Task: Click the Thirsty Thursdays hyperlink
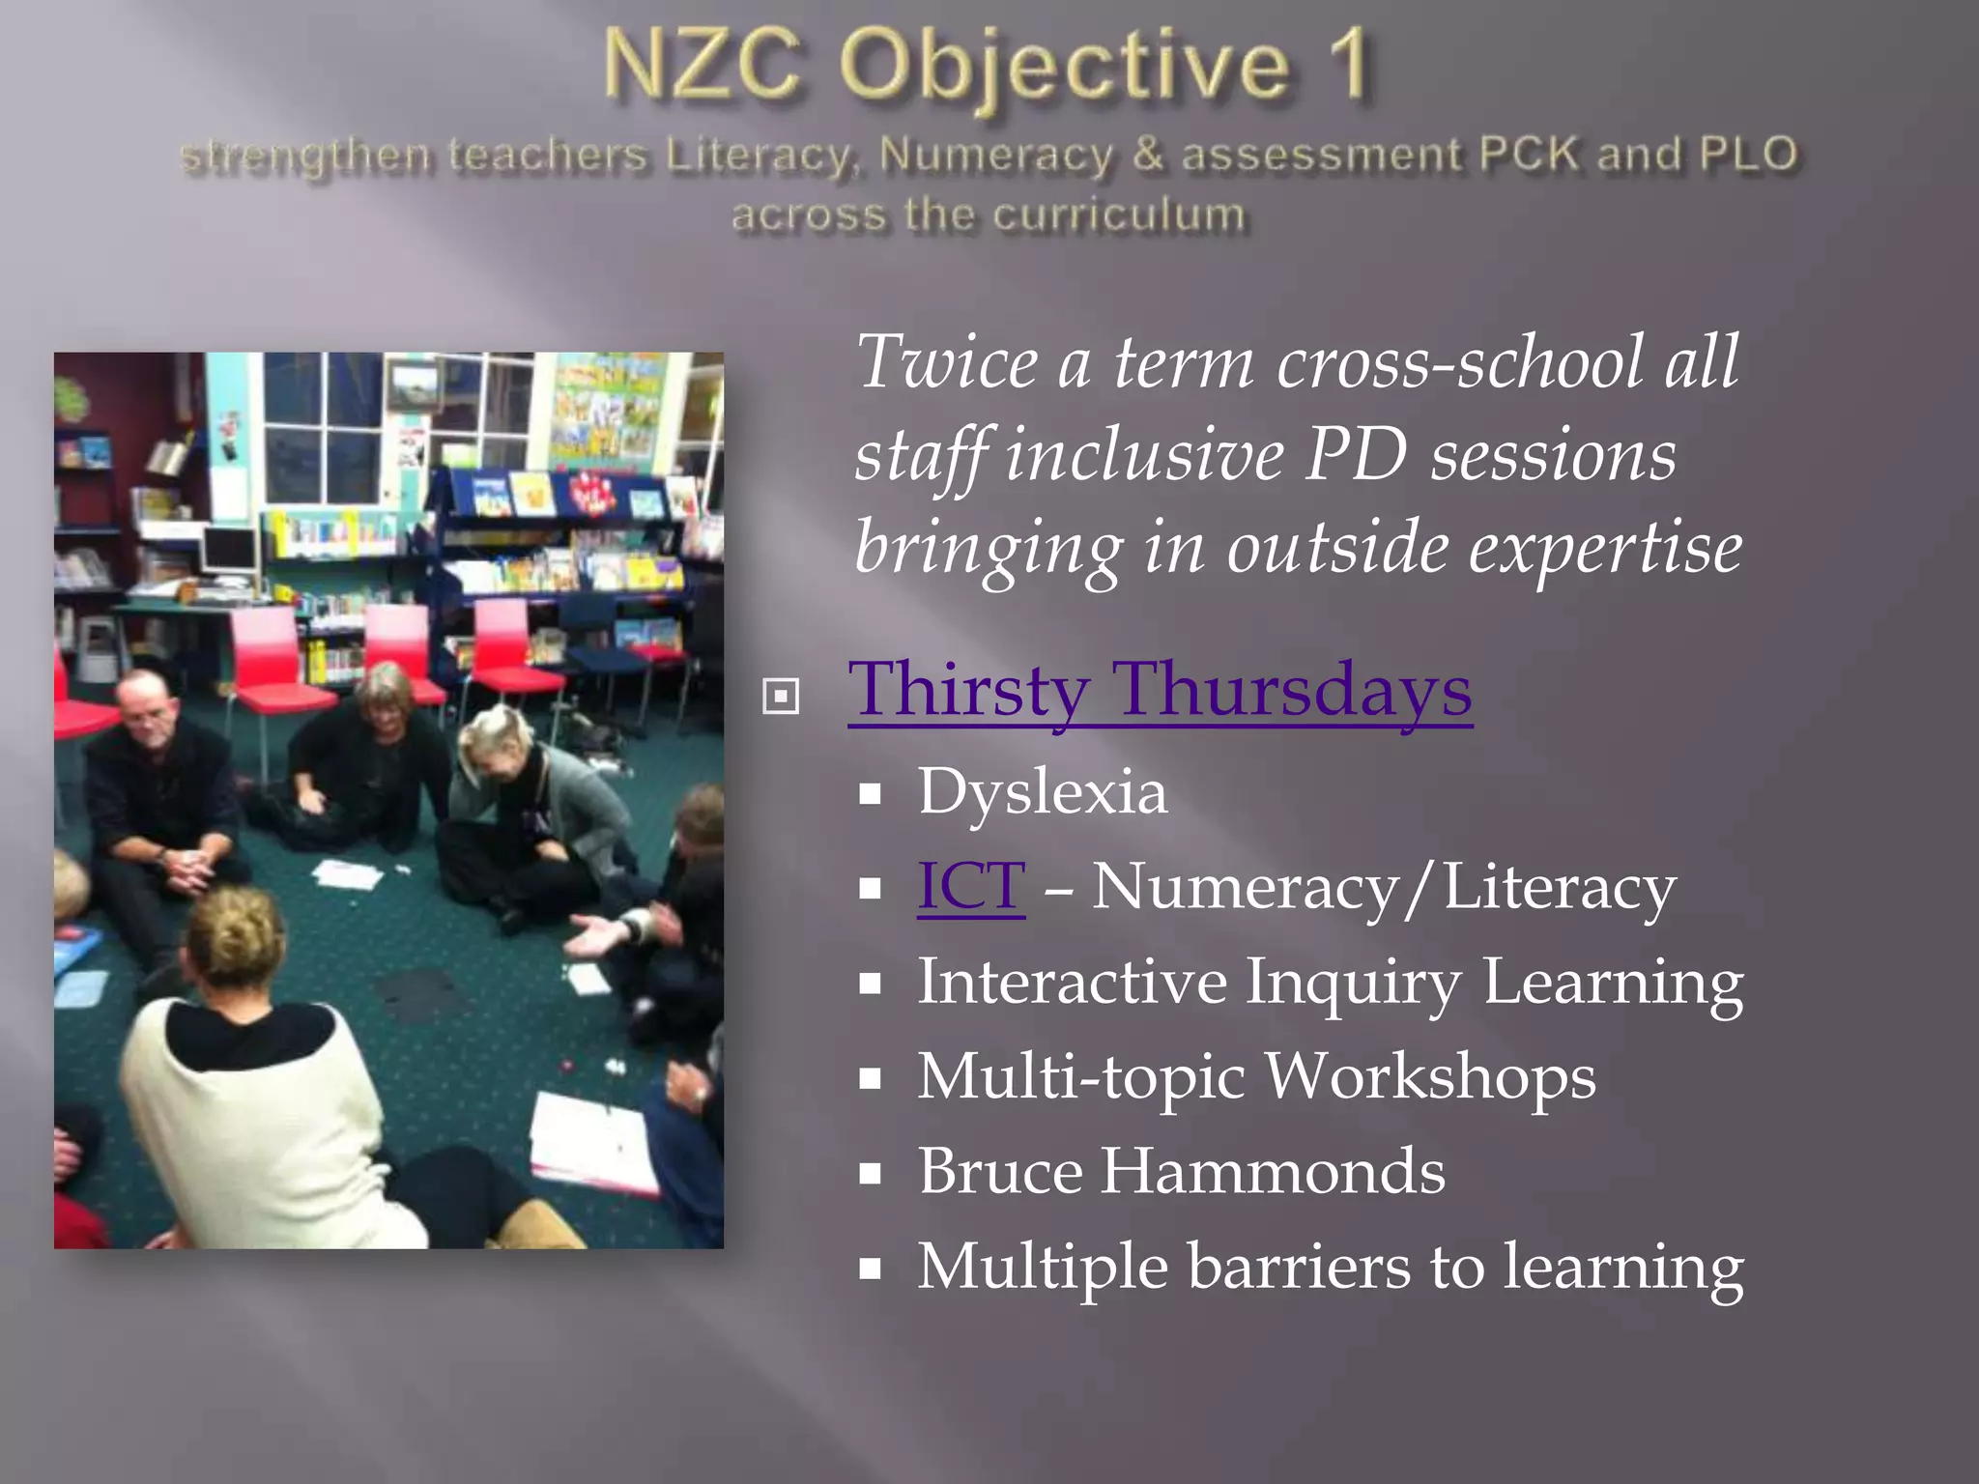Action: pos(1160,691)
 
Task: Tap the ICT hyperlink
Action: pos(970,886)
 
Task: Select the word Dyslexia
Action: pos(1042,792)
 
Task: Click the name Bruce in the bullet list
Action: pos(1000,1172)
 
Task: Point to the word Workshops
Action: pos(1430,1077)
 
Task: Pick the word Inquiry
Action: pos(1353,983)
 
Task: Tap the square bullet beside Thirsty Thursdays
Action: pos(781,697)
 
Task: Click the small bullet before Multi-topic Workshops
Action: pos(871,1079)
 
